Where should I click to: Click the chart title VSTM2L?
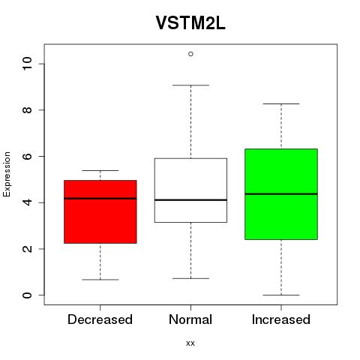190,23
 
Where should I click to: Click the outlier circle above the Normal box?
190,54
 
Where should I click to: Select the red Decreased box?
100,211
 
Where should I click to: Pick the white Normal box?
190,190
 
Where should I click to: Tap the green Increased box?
281,194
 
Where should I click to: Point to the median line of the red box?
100,199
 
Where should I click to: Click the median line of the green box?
281,193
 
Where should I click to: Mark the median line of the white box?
190,200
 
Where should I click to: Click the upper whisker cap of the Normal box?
190,85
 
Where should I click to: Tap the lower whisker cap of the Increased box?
281,295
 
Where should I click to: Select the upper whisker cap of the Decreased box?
100,170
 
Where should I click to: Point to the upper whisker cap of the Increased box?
281,103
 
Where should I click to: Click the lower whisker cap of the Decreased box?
100,280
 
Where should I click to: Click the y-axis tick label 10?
27,64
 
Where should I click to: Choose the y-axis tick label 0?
27,295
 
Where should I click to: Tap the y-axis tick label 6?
27,156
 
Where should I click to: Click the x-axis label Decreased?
100,319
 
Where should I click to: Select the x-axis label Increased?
281,319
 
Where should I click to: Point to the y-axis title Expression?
7,174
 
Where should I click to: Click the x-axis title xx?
190,343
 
